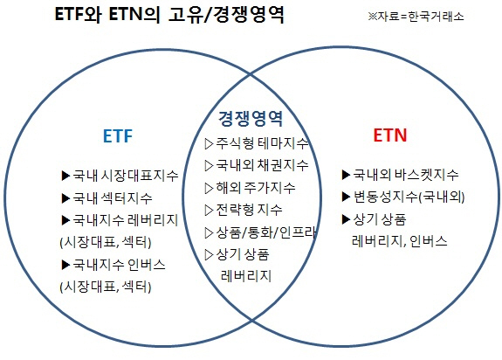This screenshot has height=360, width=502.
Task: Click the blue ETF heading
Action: [118, 135]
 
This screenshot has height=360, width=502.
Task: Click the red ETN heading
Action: [390, 135]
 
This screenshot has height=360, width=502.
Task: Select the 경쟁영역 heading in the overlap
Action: [251, 119]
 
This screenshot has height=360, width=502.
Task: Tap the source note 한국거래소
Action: [436, 17]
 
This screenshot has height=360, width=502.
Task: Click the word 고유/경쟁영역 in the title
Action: [226, 14]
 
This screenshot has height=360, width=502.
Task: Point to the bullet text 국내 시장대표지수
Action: [126, 176]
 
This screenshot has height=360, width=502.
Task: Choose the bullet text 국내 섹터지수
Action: [113, 198]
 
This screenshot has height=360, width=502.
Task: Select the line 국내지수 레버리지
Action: [126, 220]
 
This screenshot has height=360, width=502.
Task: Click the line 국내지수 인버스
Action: [119, 265]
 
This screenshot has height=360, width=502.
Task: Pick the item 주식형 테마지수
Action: [262, 143]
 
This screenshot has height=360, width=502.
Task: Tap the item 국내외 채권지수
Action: [262, 165]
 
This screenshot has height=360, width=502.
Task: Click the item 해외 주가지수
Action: [256, 188]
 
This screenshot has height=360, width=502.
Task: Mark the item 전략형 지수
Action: [249, 210]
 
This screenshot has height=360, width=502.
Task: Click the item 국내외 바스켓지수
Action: [406, 175]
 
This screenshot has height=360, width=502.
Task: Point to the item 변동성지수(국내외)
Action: [409, 197]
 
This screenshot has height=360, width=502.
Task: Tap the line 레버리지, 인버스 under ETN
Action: [400, 241]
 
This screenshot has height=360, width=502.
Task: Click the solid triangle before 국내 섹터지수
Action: [65, 198]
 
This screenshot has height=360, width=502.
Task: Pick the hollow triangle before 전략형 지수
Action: [209, 211]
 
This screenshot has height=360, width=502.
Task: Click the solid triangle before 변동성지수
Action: [346, 197]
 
